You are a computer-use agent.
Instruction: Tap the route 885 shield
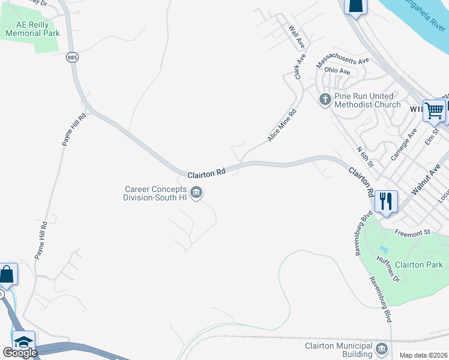[73, 57]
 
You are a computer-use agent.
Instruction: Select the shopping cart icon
[433, 110]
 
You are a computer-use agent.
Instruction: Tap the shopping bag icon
[7, 274]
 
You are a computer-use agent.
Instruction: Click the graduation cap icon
[23, 343]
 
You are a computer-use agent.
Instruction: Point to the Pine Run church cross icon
[325, 100]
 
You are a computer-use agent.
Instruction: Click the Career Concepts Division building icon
[196, 193]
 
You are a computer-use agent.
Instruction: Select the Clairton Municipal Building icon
[382, 349]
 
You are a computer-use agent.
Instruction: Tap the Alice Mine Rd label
[282, 125]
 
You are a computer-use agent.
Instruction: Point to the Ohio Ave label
[337, 71]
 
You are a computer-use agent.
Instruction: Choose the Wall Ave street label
[297, 37]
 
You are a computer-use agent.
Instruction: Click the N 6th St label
[364, 157]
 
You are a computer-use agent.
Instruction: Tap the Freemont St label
[413, 232]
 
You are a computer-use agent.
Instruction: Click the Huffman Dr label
[388, 269]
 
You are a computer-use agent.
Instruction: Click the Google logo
[20, 353]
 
